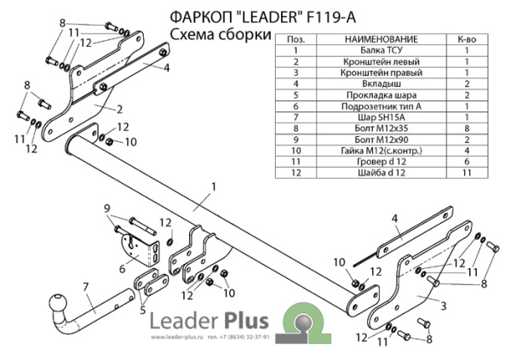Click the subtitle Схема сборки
[220, 34]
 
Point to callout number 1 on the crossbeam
[214, 186]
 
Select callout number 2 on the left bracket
[120, 108]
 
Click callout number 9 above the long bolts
[107, 209]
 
